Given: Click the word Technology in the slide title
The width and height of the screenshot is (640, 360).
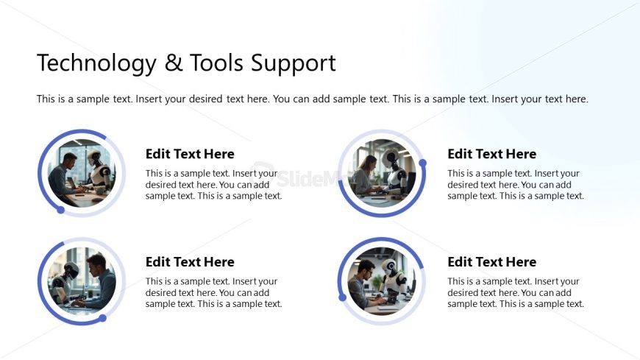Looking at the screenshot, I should pos(96,63).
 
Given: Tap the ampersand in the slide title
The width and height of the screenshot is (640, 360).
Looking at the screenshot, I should pos(174,63).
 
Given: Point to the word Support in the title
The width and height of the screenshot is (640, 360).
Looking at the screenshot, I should pos(294,63).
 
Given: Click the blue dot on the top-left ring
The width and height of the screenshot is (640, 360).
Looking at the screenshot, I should pos(61,210).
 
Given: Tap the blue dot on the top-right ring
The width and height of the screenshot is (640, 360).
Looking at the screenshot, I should pos(422,163).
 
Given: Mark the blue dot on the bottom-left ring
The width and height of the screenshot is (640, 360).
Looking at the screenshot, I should pos(103,318).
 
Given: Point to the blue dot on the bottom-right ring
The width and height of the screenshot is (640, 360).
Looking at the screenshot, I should pos(342,297).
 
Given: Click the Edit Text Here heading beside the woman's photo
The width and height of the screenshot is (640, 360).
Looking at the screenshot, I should pos(491,154).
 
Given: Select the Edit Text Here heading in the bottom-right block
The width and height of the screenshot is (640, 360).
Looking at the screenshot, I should pos(491,262).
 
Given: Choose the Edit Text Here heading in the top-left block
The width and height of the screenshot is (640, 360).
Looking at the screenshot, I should pos(190,154).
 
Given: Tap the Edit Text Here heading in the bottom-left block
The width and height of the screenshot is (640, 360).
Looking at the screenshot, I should pos(190,262).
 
